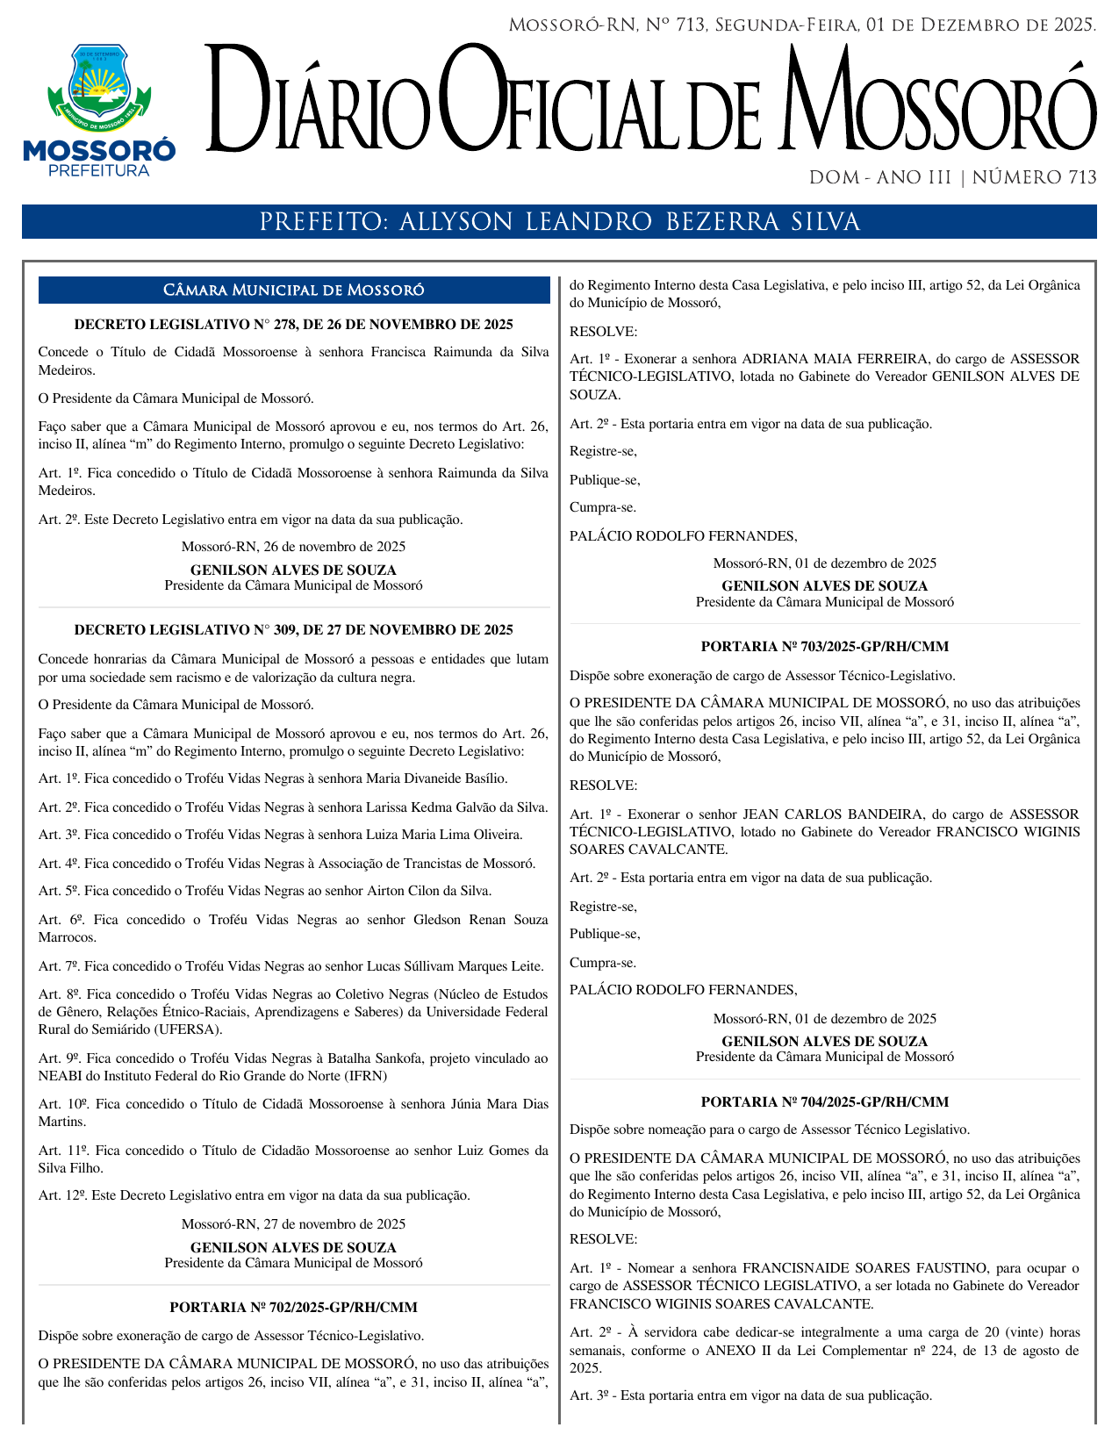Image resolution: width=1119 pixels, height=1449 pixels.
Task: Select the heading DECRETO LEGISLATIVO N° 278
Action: click(x=293, y=325)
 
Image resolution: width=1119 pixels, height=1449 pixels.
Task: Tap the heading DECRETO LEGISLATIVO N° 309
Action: click(x=293, y=630)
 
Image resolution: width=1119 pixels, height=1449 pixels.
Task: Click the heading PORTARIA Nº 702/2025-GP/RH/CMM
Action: click(x=293, y=1308)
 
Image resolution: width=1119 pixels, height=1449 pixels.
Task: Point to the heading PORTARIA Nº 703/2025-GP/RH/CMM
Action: click(x=824, y=647)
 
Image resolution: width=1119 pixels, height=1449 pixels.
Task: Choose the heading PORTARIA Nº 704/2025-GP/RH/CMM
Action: click(x=824, y=1102)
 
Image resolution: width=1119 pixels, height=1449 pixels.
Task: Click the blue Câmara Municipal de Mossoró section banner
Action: click(x=293, y=291)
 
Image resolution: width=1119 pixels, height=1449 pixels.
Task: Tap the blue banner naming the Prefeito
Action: click(x=559, y=222)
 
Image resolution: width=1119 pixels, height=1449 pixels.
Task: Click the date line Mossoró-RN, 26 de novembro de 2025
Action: click(x=293, y=547)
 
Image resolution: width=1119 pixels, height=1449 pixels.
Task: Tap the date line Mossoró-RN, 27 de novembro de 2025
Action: click(x=293, y=1224)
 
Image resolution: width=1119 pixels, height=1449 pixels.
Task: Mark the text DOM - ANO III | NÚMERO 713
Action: click(x=952, y=178)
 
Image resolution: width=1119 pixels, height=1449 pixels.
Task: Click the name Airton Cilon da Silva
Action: click(x=428, y=892)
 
